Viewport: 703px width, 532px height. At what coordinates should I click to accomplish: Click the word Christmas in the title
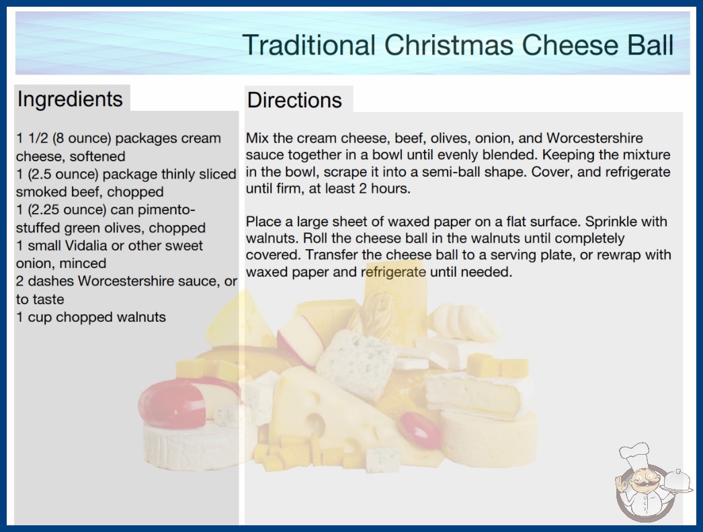tap(448, 45)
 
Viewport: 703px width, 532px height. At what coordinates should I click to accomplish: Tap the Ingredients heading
tap(70, 99)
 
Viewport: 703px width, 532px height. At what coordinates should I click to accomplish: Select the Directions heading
tap(294, 100)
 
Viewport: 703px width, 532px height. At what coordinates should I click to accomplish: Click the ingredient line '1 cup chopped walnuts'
tap(91, 317)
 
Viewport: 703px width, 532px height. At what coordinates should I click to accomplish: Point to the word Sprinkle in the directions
tap(611, 222)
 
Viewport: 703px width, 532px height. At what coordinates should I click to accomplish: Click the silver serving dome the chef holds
tap(678, 482)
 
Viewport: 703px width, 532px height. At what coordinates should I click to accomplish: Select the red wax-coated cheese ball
tap(173, 404)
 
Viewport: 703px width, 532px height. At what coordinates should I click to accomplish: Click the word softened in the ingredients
tap(97, 157)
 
